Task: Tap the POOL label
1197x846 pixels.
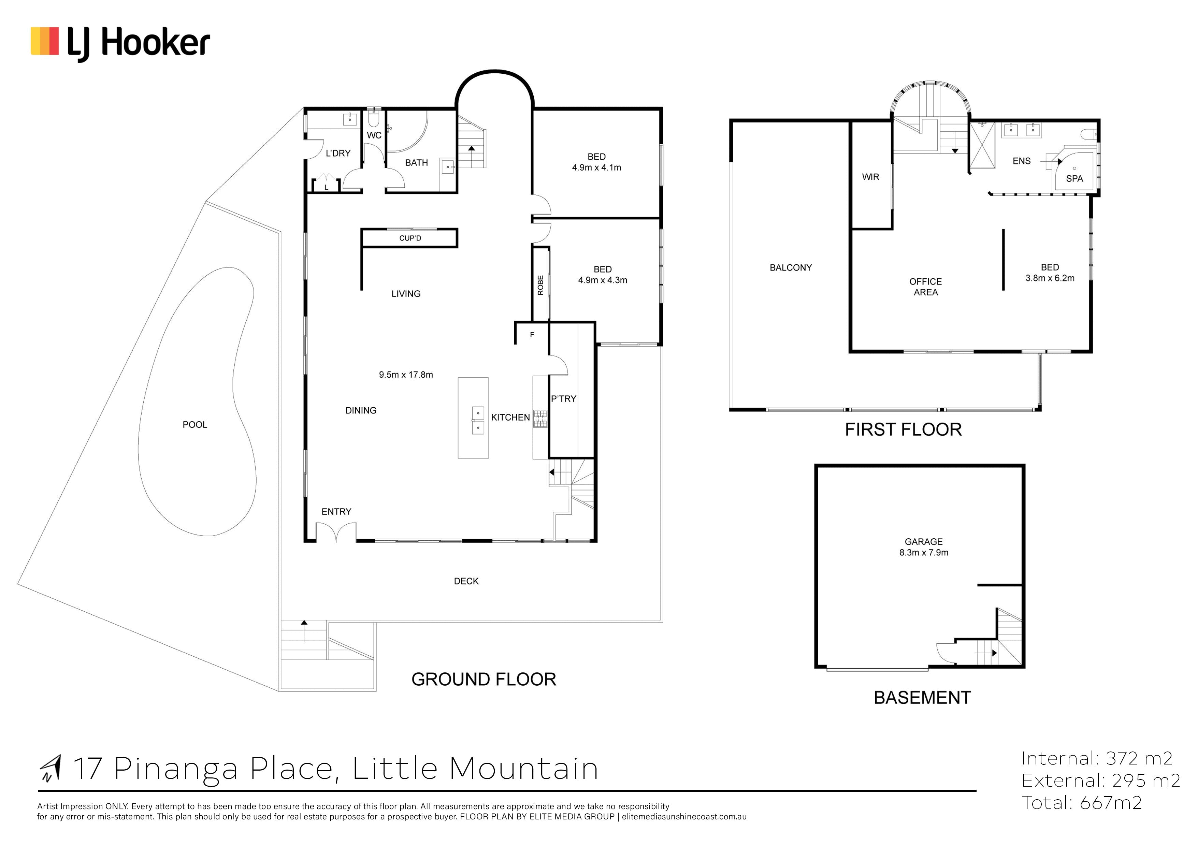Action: coord(195,425)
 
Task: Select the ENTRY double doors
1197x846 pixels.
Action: coord(336,532)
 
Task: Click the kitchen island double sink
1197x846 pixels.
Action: coord(478,421)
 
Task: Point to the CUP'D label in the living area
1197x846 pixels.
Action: coord(410,238)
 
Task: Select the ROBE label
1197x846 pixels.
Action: coord(540,285)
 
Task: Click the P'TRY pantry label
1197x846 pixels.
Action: coord(564,399)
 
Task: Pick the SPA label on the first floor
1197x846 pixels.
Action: coord(1075,179)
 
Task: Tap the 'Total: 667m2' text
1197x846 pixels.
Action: coord(1082,803)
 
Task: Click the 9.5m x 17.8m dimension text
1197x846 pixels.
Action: coord(406,375)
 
